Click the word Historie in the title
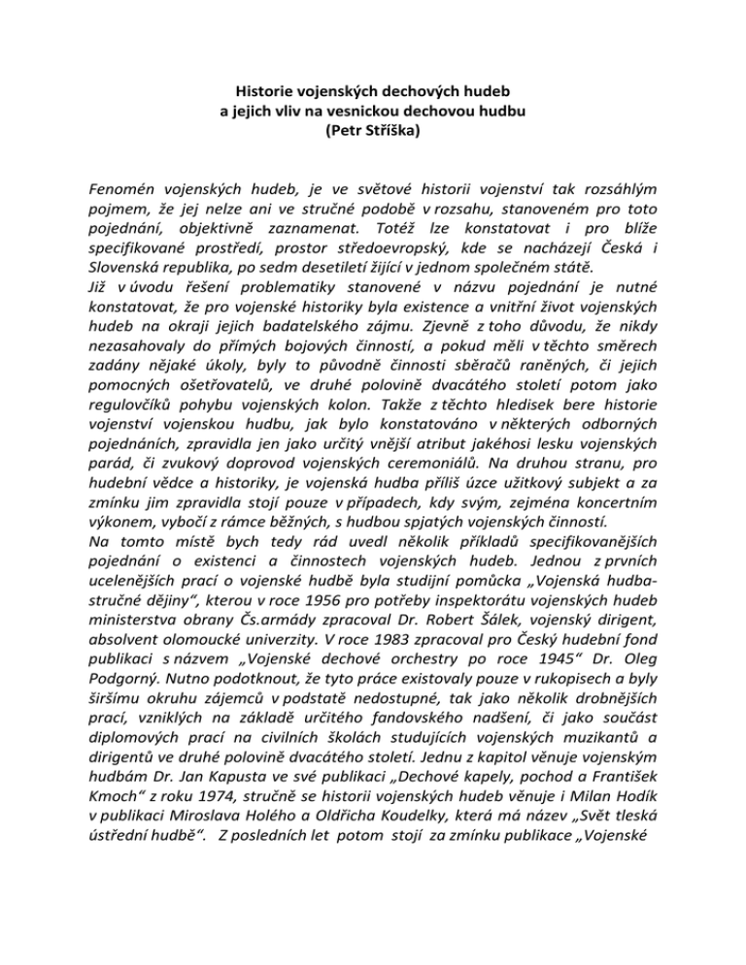(266, 92)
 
